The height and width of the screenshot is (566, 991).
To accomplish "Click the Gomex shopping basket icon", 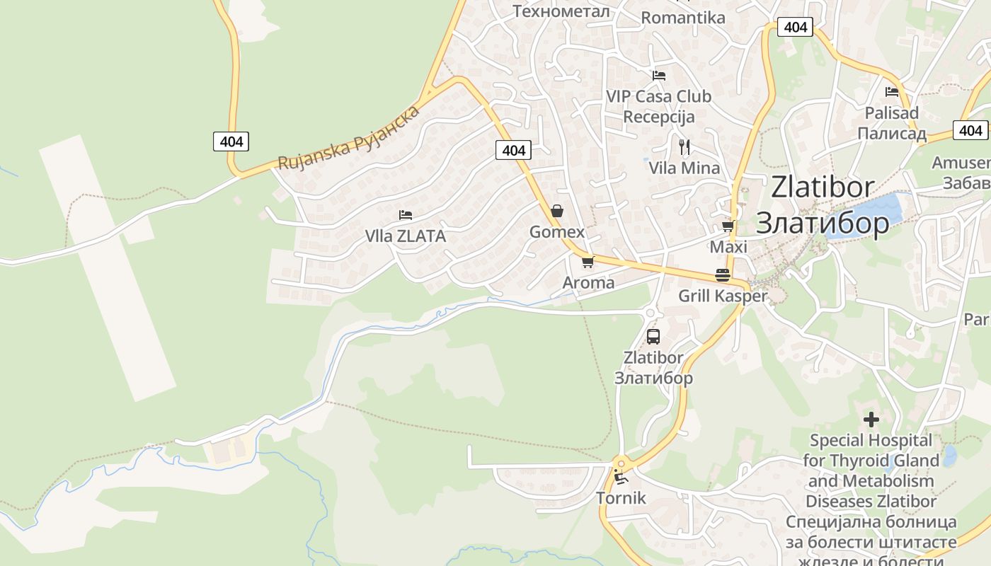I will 557,211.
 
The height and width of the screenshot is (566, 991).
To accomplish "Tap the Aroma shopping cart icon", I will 587,262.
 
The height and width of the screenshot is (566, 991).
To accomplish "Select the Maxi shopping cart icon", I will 727,226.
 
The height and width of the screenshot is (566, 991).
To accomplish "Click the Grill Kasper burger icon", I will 723,275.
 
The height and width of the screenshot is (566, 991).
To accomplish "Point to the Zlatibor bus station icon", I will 653,337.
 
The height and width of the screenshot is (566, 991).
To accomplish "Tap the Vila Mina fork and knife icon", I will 684,147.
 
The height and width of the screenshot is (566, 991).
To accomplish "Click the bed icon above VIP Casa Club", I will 659,75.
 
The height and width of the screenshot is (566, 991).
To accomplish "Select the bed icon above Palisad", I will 892,92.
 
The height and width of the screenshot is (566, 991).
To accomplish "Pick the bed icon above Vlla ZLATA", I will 406,215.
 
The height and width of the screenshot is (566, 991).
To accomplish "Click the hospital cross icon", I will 871,420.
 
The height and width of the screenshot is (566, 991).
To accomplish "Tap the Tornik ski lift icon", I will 621,477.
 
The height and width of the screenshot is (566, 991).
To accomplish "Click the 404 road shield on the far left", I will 231,141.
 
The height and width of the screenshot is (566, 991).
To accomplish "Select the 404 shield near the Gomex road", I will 514,150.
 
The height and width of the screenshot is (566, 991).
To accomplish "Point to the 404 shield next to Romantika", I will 796,27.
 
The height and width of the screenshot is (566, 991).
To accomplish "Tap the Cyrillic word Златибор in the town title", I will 823,223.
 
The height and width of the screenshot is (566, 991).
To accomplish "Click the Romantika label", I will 683,18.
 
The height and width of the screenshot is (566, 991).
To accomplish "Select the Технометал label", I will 561,11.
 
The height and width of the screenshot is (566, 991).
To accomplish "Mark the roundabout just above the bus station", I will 651,313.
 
